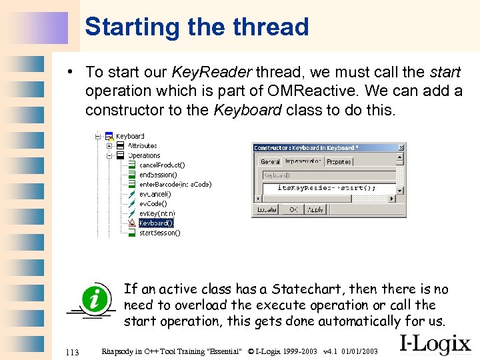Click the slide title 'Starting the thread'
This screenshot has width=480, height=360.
click(x=197, y=27)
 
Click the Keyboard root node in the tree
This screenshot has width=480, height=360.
click(x=130, y=136)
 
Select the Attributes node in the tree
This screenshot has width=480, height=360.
click(x=142, y=145)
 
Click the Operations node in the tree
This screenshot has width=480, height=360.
click(x=144, y=155)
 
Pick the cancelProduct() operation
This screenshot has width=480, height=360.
click(x=162, y=165)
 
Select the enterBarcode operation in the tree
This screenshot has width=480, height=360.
click(x=175, y=184)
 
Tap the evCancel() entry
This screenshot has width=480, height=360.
click(x=155, y=194)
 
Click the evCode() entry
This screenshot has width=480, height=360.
click(x=153, y=203)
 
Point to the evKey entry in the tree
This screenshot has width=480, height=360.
click(x=157, y=213)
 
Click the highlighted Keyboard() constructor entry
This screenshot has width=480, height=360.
click(x=155, y=223)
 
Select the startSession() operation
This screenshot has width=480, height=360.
click(x=159, y=233)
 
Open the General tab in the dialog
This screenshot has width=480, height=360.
click(x=270, y=161)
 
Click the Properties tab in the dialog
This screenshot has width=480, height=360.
click(x=339, y=161)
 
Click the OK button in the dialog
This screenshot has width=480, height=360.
click(x=293, y=209)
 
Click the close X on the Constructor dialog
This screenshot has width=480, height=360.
click(x=401, y=147)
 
